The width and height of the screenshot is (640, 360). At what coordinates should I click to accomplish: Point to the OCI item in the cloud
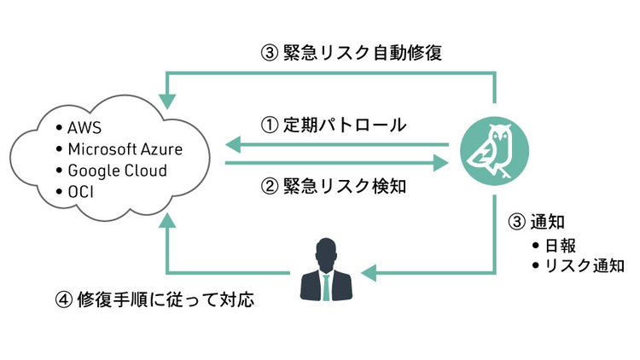pyautogui.click(x=80, y=191)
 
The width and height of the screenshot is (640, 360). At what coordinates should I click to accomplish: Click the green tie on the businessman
pyautogui.click(x=324, y=287)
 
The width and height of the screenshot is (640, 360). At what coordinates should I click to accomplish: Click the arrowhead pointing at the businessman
pyautogui.click(x=368, y=273)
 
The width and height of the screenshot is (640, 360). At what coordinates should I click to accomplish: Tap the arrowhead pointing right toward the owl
pyautogui.click(x=440, y=161)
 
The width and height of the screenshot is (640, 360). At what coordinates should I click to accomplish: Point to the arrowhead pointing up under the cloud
pyautogui.click(x=170, y=219)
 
